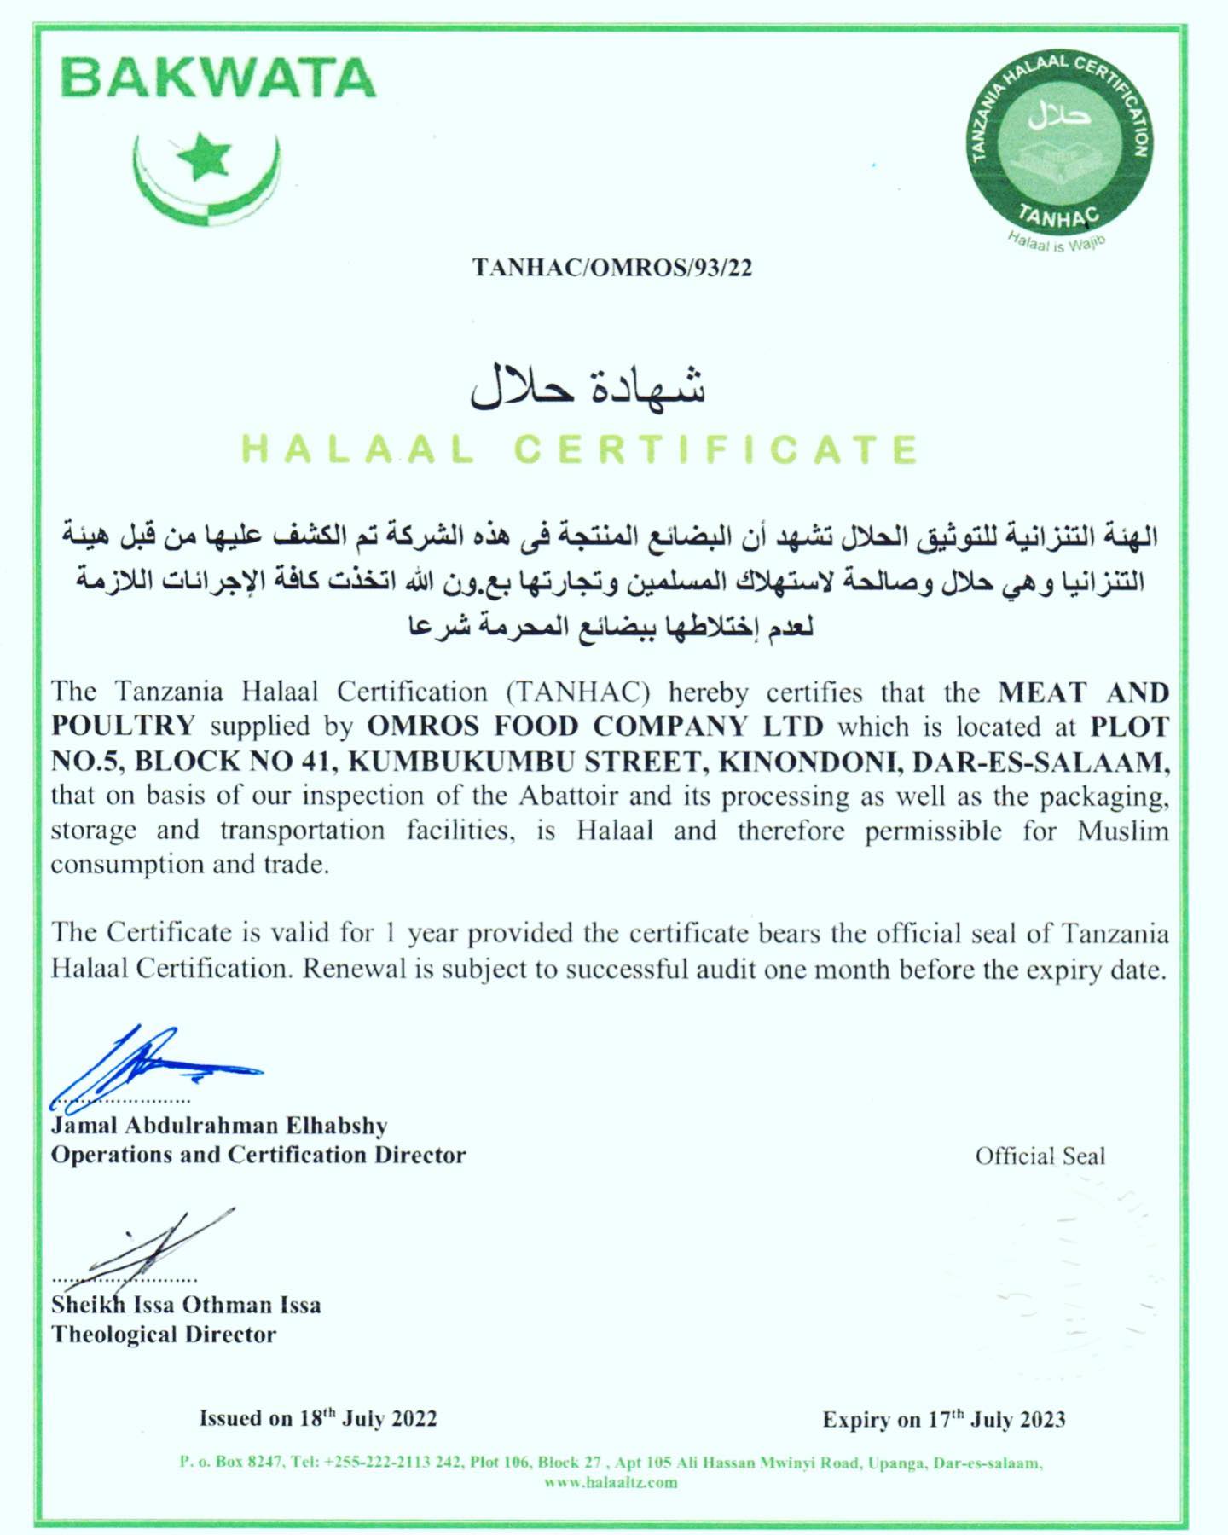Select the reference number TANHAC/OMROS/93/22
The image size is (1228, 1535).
(x=612, y=268)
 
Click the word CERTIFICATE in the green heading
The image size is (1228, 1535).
(x=718, y=449)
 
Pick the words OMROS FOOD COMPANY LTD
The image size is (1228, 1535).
(x=595, y=727)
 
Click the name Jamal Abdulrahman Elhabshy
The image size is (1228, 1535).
(x=219, y=1126)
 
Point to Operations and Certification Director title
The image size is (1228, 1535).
(x=258, y=1156)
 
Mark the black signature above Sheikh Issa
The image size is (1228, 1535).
(x=153, y=1245)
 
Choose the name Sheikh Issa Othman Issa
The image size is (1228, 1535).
(x=186, y=1305)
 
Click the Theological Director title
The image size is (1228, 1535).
(x=164, y=1335)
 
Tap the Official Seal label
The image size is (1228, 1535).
(x=1040, y=1156)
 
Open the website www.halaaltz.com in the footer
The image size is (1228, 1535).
(x=611, y=1482)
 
